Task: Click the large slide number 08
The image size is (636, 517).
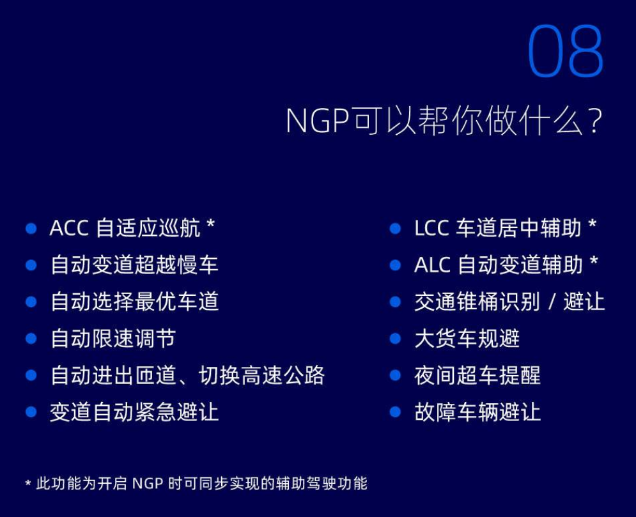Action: point(566,50)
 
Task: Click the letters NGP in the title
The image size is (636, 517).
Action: point(318,121)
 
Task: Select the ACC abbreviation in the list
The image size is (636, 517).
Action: point(69,228)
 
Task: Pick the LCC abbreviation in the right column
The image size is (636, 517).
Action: point(431,228)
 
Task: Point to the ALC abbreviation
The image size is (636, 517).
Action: point(432,265)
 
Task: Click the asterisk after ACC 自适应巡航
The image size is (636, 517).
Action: point(210,224)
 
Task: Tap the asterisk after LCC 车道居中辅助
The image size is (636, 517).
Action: point(592,224)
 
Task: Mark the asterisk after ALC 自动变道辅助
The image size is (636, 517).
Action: point(594,261)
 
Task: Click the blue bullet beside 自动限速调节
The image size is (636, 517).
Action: point(31,339)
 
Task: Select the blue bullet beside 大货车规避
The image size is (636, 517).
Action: point(395,339)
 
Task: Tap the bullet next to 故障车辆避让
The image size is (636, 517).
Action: point(395,412)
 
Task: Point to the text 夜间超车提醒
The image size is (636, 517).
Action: point(477,376)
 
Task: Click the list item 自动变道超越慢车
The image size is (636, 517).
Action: point(135,265)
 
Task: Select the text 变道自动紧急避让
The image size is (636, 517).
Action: point(135,412)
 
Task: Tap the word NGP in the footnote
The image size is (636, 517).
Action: point(148,484)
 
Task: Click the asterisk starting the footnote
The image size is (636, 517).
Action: point(28,483)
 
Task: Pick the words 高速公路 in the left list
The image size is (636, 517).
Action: point(283,376)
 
